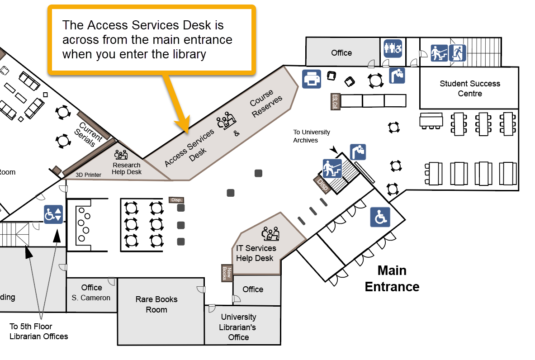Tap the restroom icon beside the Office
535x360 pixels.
tap(393, 48)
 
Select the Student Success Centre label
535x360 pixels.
tap(470, 89)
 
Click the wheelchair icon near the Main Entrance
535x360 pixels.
tap(380, 217)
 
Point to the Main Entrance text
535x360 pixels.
tap(392, 279)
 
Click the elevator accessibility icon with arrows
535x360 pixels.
tap(53, 214)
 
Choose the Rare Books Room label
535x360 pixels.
tap(156, 304)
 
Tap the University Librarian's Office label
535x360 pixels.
tap(238, 327)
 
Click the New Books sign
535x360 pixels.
tap(227, 272)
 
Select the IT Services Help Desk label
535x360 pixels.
tap(256, 253)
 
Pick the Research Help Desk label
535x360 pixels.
tap(127, 168)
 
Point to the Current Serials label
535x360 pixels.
tap(88, 134)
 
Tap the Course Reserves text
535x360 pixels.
tap(266, 103)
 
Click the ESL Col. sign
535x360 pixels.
tap(335, 102)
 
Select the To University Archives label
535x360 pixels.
tap(312, 136)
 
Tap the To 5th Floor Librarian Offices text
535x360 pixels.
tap(38, 331)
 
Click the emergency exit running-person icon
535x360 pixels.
tap(457, 52)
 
